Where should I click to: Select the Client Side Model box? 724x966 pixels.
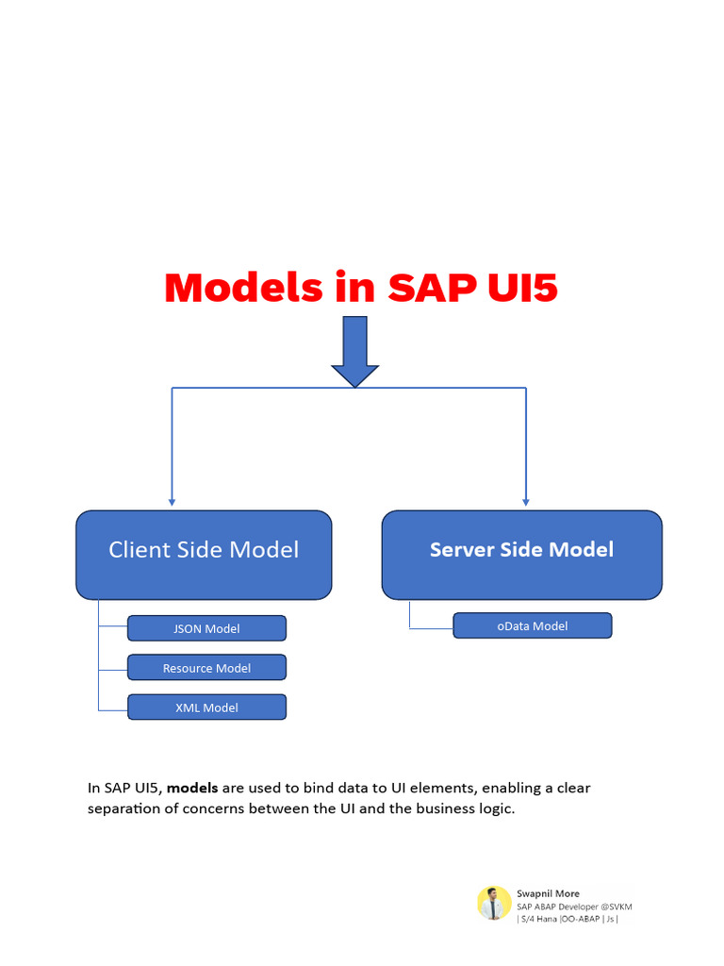pyautogui.click(x=204, y=555)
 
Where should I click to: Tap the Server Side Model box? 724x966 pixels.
pyautogui.click(x=521, y=555)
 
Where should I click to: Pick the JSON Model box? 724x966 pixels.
pyautogui.click(x=206, y=628)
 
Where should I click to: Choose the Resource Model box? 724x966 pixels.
pyautogui.click(x=206, y=668)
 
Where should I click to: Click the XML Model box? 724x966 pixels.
pyautogui.click(x=206, y=708)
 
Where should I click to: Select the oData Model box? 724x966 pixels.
pyautogui.click(x=532, y=625)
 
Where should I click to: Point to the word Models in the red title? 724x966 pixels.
pyautogui.click(x=243, y=288)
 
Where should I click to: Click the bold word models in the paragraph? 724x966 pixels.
pyautogui.click(x=192, y=788)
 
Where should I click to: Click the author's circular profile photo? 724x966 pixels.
pyautogui.click(x=494, y=903)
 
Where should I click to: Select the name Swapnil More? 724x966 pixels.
pyautogui.click(x=548, y=893)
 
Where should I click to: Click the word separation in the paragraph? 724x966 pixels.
pyautogui.click(x=128, y=809)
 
